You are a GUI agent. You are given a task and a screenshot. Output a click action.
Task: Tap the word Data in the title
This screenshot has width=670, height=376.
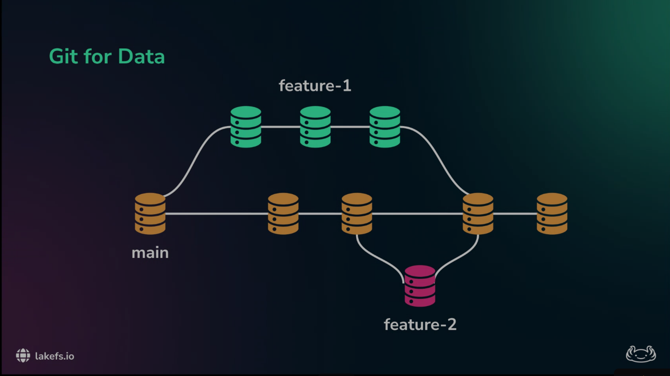141,56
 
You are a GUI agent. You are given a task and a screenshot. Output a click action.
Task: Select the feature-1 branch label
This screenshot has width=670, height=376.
315,86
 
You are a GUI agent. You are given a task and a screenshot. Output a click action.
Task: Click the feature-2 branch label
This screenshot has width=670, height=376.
420,324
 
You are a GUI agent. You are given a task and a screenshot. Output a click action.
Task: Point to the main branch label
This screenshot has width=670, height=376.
150,253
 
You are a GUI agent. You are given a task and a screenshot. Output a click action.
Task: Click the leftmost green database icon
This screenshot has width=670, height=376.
246,127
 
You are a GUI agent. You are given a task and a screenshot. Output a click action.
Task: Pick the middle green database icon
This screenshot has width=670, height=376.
315,127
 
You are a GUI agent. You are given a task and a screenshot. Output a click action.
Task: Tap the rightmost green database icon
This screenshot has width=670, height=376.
385,127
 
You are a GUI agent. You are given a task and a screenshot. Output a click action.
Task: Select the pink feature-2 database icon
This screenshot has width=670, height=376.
420,286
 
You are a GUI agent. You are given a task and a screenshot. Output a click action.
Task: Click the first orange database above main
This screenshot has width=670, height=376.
150,214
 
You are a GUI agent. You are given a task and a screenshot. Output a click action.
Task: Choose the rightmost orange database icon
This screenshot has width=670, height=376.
552,214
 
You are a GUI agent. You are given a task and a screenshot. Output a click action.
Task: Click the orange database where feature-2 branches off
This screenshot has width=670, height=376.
357,214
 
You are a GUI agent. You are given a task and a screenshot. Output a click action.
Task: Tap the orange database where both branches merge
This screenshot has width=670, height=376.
478,214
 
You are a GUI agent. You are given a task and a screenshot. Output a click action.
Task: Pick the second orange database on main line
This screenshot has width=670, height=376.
283,214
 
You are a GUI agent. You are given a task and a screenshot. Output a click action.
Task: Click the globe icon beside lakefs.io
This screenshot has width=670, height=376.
23,356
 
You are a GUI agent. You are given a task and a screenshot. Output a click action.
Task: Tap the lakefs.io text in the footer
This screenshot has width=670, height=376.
55,356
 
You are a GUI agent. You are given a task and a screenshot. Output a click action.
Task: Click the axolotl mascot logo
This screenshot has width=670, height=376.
640,354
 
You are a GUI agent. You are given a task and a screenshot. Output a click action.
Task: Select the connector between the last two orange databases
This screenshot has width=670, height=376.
515,214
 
